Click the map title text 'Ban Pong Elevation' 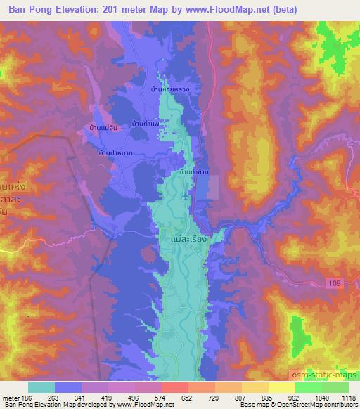[x=52, y=10]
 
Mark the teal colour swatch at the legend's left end [x=41, y=387]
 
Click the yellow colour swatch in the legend [x=281, y=387]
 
